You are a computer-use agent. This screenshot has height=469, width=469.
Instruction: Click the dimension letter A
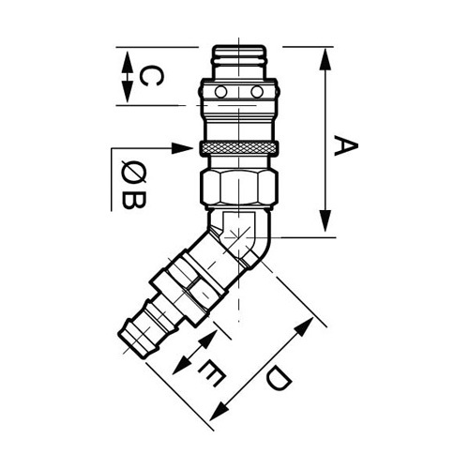click(345, 145)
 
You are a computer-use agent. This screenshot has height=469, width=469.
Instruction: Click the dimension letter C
click(151, 76)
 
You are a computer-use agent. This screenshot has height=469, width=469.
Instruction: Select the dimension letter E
click(211, 373)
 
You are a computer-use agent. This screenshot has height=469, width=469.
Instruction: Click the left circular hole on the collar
click(220, 92)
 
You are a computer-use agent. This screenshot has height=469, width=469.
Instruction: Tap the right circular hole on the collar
click(257, 92)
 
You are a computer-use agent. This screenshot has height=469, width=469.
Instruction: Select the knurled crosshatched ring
click(239, 148)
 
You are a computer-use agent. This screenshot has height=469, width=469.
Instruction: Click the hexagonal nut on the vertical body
click(239, 187)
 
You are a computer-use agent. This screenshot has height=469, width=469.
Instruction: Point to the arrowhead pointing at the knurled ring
click(182, 148)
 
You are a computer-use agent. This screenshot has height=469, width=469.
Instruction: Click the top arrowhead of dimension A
click(325, 59)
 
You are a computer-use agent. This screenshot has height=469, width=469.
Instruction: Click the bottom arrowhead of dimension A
click(325, 220)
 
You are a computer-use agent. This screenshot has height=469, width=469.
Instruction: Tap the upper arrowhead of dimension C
click(127, 62)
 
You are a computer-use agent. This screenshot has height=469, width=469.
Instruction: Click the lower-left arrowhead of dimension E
click(181, 365)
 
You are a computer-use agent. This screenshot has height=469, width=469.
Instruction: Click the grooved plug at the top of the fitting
click(239, 62)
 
